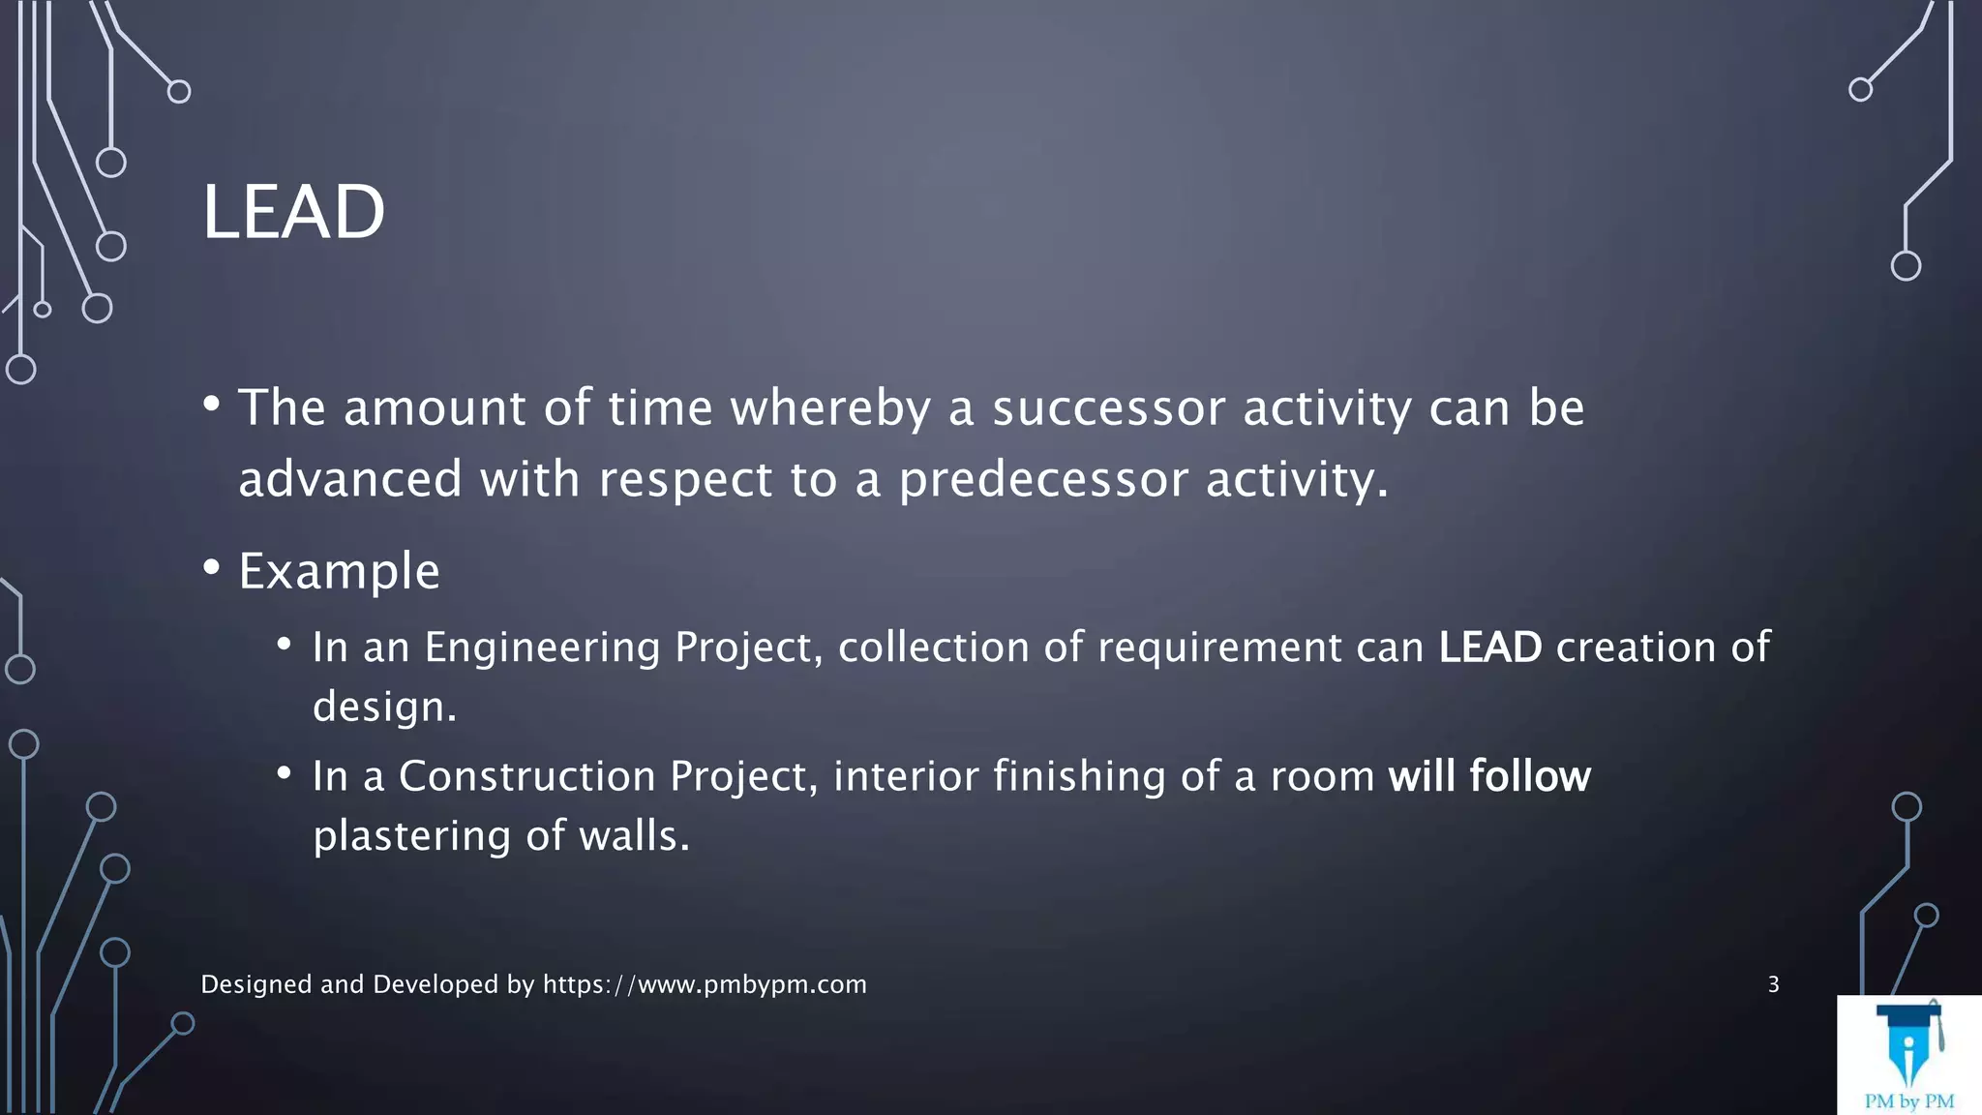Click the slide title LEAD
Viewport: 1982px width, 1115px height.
[x=293, y=212]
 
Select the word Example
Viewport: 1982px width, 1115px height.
[x=339, y=571]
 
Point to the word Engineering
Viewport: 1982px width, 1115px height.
[x=542, y=648]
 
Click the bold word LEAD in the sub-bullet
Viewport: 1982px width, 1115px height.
[x=1489, y=648]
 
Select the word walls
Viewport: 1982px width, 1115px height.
[x=634, y=836]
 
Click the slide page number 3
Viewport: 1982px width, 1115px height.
[x=1773, y=984]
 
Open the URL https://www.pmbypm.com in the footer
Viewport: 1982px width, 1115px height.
[x=705, y=984]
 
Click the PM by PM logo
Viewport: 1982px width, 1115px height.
[x=1908, y=1056]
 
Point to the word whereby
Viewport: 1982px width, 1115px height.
[x=829, y=407]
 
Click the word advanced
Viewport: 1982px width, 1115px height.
[x=350, y=479]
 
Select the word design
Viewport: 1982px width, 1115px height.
[x=383, y=708]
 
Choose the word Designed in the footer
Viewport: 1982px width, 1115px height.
[x=256, y=984]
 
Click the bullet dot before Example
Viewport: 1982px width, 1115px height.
[x=212, y=568]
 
